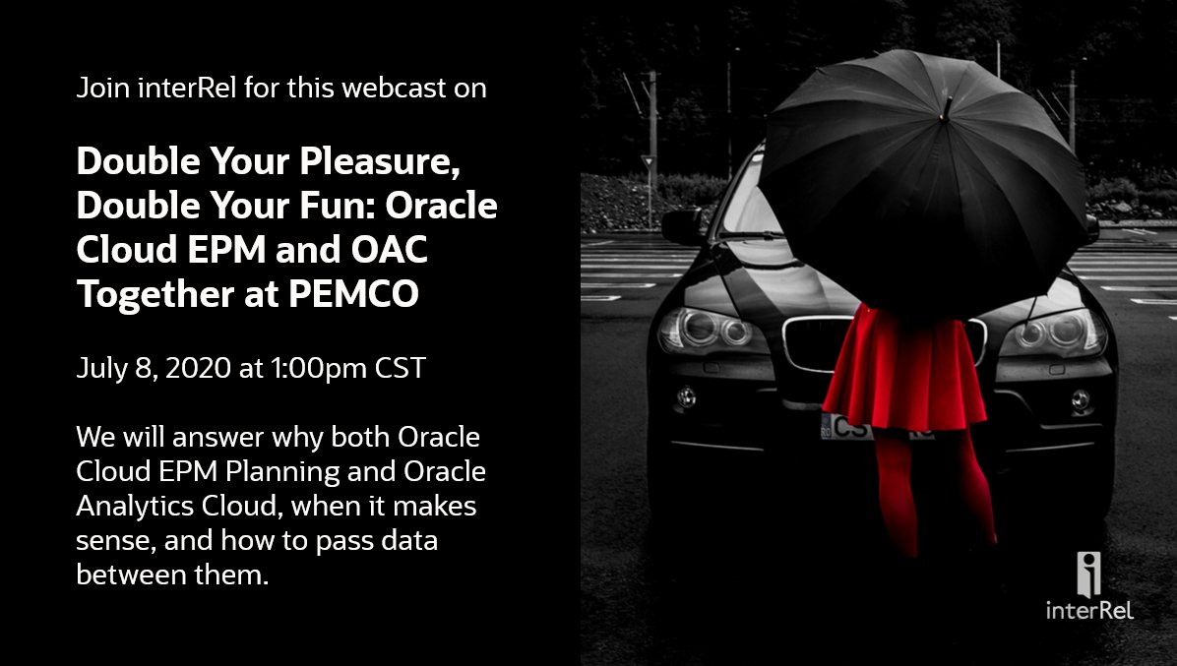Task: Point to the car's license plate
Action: (846, 427)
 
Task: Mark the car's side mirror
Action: (684, 226)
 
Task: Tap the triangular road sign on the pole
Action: (648, 162)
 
